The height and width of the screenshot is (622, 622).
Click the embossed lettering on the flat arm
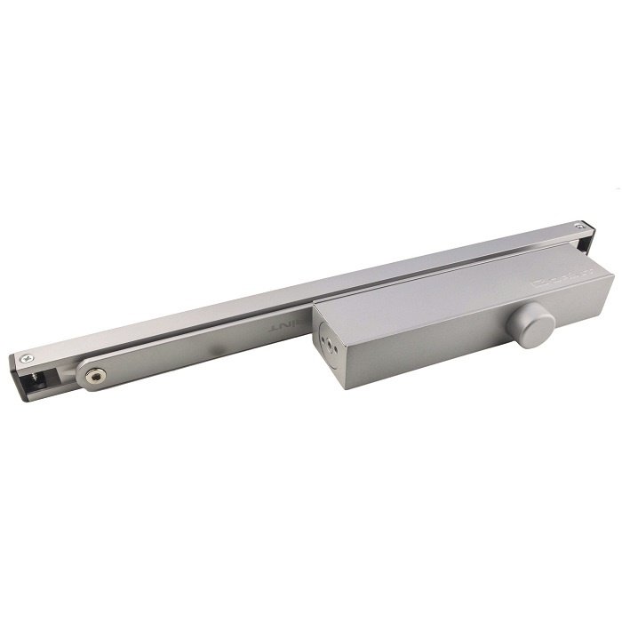pyautogui.click(x=283, y=326)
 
